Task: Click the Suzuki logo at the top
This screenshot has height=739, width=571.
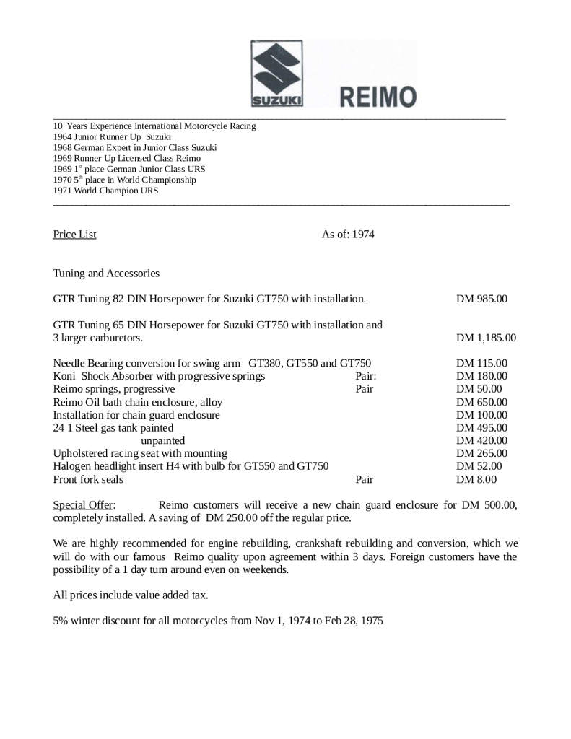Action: coord(276,74)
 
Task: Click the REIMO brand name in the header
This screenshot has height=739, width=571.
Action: coord(367,96)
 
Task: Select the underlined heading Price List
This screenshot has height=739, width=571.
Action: coord(74,235)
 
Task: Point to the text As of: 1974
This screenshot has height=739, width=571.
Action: coord(348,235)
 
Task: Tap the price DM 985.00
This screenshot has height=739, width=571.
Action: coord(481,299)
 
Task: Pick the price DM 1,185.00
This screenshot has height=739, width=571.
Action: coord(486,338)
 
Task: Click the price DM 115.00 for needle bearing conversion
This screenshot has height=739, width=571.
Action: coord(481,364)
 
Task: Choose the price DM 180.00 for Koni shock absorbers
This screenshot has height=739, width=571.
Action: coord(481,376)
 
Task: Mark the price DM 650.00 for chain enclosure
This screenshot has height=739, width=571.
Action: coord(481,402)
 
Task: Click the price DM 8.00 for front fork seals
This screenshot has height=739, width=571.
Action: coord(476,479)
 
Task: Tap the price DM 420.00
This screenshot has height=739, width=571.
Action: coord(481,441)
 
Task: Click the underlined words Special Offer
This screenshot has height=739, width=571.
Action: coord(83,505)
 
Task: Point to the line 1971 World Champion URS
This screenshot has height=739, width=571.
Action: coord(105,191)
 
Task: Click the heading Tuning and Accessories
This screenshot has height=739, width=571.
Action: coord(106,274)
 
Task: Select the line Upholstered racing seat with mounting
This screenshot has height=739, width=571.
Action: coord(140,453)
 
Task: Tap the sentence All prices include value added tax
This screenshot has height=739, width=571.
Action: coord(131,595)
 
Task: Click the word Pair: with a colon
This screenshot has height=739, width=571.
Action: coord(366,376)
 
